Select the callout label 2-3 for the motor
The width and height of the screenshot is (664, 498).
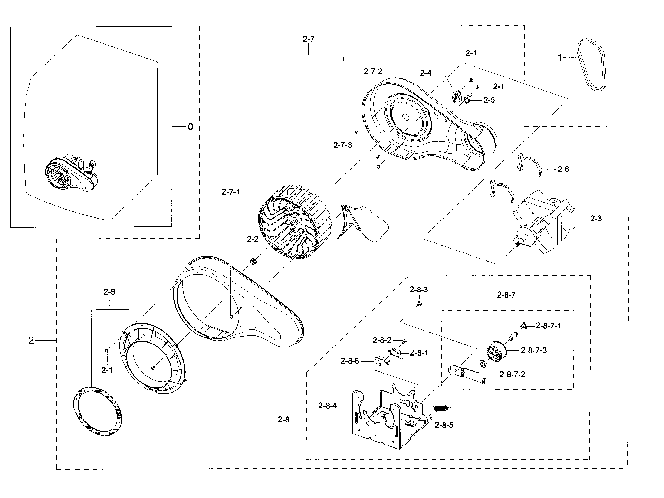[x=596, y=219]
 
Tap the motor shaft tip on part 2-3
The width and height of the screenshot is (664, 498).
[x=517, y=245]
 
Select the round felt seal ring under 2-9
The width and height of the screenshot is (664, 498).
[x=98, y=411]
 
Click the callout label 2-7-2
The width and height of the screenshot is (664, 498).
[x=373, y=71]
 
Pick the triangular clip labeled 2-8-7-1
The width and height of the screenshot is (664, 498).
[x=524, y=325]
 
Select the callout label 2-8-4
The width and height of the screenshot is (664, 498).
[x=327, y=406]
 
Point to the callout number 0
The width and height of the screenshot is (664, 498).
[x=190, y=127]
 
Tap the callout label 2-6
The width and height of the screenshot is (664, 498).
[x=563, y=170]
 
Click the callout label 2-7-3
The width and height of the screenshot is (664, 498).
[x=343, y=145]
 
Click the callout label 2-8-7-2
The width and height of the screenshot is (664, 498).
[x=512, y=374]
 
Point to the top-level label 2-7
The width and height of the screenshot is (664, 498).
[x=309, y=39]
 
